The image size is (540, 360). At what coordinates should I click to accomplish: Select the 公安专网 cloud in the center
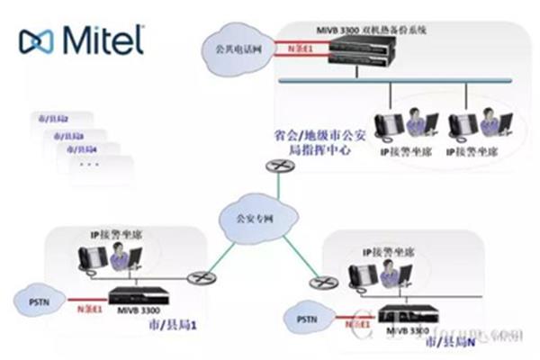246,215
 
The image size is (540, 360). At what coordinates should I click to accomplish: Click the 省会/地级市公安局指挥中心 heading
311,145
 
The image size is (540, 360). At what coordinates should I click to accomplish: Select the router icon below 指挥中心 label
276,166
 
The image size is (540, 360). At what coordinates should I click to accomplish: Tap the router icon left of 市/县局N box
318,283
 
